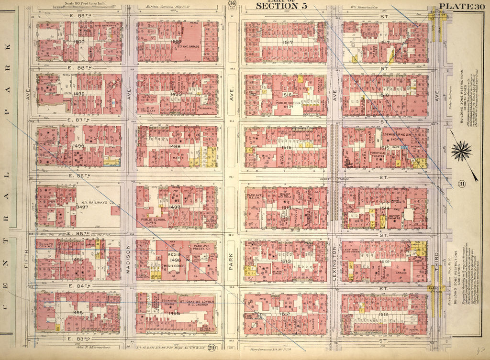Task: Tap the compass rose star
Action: point(461,153)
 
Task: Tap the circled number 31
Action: point(462,185)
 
